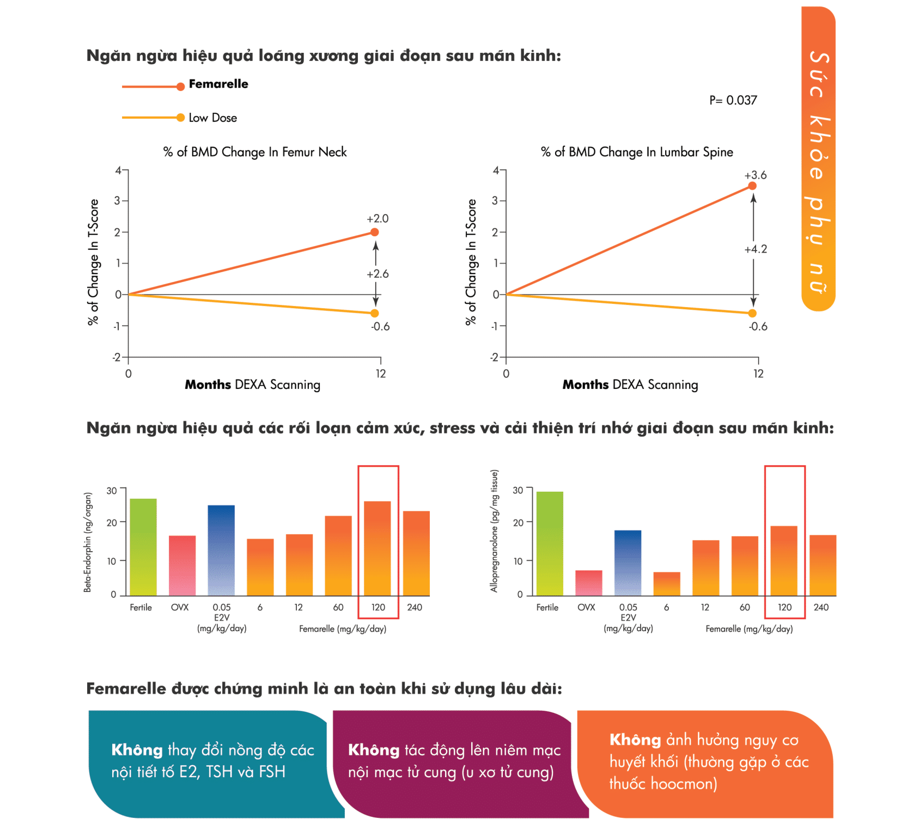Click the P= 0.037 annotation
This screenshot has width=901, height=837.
click(733, 100)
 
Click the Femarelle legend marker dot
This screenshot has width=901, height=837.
click(180, 87)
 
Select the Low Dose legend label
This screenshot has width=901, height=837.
click(212, 118)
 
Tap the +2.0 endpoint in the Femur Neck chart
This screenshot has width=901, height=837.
click(374, 233)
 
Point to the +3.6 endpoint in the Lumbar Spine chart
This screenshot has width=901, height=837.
click(752, 186)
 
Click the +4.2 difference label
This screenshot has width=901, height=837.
click(756, 249)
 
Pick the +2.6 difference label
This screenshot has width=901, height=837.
click(378, 274)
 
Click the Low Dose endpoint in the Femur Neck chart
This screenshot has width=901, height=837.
click(374, 313)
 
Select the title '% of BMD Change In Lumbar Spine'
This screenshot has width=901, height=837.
click(637, 152)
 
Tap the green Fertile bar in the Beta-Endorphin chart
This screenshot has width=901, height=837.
click(143, 547)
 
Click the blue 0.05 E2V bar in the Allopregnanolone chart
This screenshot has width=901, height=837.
click(628, 563)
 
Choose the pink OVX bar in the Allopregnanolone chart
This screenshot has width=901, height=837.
click(589, 583)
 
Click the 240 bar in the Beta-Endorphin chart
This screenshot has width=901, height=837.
click(416, 553)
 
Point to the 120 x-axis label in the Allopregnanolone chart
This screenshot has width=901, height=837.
click(784, 607)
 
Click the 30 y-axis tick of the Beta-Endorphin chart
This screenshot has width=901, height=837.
click(112, 491)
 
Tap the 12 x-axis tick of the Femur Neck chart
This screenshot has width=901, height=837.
click(380, 374)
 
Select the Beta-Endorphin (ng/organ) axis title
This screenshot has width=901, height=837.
click(88, 542)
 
